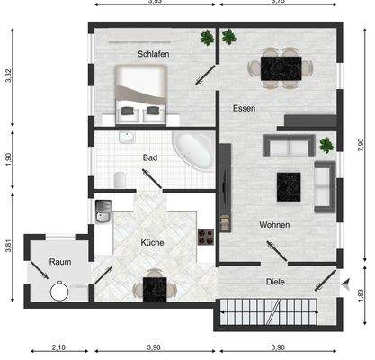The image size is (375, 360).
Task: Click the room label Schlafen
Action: [x=154, y=55]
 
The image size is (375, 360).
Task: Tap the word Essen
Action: [x=244, y=108]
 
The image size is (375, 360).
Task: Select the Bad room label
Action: [x=150, y=157]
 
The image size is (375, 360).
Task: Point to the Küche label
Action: [x=152, y=242]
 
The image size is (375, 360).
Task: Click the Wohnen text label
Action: [x=274, y=224]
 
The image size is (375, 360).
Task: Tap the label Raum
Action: [x=59, y=262]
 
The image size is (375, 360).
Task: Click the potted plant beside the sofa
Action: [x=325, y=145]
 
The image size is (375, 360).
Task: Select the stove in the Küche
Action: [x=205, y=238]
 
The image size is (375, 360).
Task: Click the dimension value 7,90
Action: [x=360, y=141]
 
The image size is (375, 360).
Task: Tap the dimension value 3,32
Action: [x=9, y=76]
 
